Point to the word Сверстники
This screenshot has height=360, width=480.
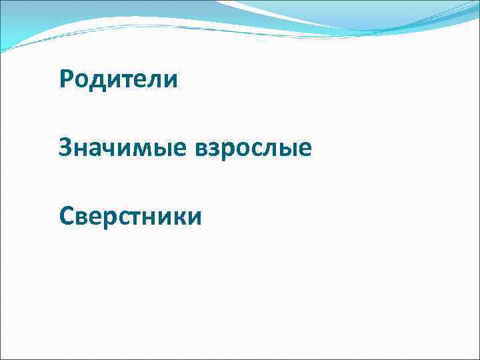point(130,215)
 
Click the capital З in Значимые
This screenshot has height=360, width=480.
point(65,147)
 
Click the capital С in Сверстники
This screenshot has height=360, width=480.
point(66,215)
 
